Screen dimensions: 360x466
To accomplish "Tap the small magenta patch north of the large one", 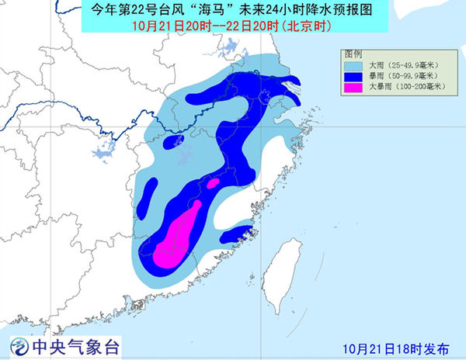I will point(211,185).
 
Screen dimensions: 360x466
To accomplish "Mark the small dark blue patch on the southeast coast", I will point(237,234).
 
